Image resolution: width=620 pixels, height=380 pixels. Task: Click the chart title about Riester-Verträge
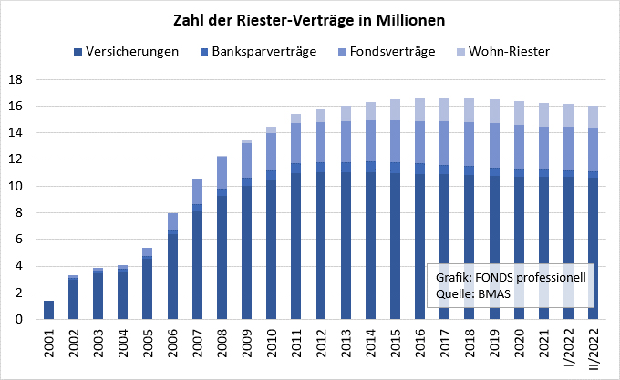[x=309, y=19]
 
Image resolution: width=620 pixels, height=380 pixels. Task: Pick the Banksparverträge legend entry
[x=264, y=52]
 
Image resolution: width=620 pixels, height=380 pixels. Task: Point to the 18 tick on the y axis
[x=17, y=80]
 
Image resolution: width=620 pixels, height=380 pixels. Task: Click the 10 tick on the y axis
[x=17, y=187]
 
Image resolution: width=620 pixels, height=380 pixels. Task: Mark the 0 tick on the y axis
[x=21, y=320]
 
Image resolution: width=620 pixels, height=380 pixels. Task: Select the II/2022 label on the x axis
[x=594, y=350]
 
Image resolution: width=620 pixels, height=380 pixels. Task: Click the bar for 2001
[x=49, y=310]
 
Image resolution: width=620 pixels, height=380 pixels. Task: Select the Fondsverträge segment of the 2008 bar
[x=222, y=173]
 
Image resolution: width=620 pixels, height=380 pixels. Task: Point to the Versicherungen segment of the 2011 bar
[x=296, y=246]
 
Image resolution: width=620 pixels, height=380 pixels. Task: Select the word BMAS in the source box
[x=495, y=293]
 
